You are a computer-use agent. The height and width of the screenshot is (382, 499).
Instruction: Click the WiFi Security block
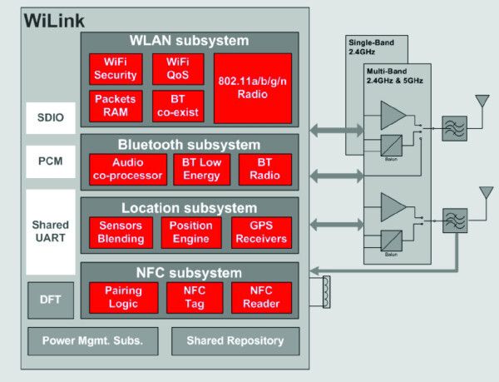(x=116, y=69)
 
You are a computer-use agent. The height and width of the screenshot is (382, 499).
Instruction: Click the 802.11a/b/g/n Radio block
(x=252, y=88)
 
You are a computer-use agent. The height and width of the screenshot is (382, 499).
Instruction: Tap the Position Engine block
(x=190, y=232)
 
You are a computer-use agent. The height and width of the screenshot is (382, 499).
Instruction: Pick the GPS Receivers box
(x=260, y=232)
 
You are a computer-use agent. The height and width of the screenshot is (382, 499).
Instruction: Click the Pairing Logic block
(x=124, y=297)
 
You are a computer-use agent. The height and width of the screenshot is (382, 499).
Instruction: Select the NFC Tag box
(x=191, y=297)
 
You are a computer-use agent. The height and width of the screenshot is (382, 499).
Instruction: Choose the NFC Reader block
(x=261, y=297)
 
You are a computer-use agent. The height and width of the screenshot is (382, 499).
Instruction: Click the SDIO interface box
(x=49, y=117)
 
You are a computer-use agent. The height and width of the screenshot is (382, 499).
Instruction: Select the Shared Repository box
(x=235, y=340)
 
